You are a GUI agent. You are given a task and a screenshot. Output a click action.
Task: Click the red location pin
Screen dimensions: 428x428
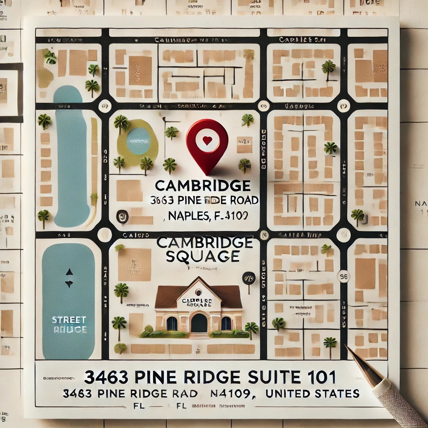207,144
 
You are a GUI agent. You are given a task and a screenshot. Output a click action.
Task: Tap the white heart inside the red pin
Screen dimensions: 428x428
207,141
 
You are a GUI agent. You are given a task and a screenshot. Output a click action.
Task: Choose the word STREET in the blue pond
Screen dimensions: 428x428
69,320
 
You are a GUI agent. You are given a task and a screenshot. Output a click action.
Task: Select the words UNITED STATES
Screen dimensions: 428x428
312,393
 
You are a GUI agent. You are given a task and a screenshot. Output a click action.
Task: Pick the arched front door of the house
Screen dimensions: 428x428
199,323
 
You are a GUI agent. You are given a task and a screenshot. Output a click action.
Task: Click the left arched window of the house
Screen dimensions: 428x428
172,324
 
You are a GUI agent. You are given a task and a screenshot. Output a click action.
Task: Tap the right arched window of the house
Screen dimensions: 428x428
226,324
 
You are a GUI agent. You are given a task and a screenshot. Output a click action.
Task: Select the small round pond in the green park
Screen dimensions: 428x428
138,141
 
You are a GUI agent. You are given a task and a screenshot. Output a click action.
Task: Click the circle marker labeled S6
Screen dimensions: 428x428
344,276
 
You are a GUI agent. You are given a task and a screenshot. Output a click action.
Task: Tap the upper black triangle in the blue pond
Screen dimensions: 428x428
69,272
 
